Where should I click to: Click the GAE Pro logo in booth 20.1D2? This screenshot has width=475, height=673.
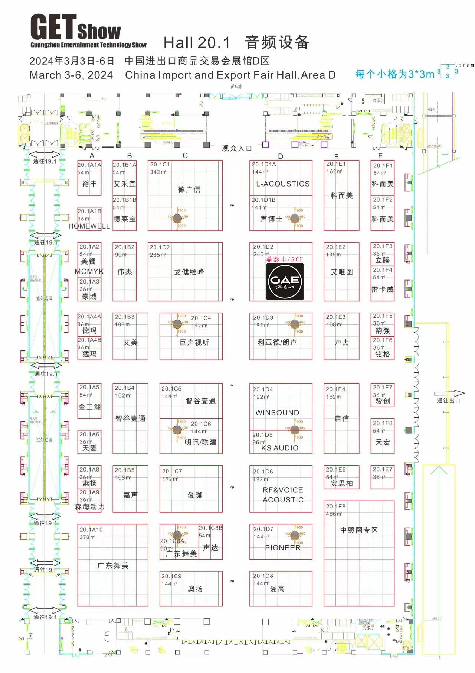(x=285, y=282)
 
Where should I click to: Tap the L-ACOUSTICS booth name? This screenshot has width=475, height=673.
(x=283, y=184)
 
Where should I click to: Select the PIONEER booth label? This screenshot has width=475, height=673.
(x=283, y=547)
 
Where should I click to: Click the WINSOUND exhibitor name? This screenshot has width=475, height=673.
(x=277, y=413)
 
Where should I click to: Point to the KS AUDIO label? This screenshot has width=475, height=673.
(x=280, y=448)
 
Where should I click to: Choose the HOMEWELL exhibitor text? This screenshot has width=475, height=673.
(x=89, y=226)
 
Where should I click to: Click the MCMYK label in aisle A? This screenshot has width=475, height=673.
(x=89, y=272)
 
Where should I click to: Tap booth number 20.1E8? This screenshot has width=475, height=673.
(x=335, y=506)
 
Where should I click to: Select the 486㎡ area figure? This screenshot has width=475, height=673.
(x=334, y=514)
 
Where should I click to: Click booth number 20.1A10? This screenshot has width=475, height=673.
(x=91, y=530)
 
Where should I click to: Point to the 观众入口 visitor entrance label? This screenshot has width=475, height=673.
(x=237, y=149)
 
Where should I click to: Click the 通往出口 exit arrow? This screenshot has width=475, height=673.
(x=449, y=394)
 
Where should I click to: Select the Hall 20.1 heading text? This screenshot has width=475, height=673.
(x=197, y=43)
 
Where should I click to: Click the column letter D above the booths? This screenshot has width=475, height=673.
(x=281, y=156)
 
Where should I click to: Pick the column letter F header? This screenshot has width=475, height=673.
(x=380, y=156)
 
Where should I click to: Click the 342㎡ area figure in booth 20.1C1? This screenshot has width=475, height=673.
(x=158, y=172)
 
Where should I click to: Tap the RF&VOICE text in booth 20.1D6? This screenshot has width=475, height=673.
(x=283, y=490)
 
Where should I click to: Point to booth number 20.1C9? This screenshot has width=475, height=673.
(x=171, y=576)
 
